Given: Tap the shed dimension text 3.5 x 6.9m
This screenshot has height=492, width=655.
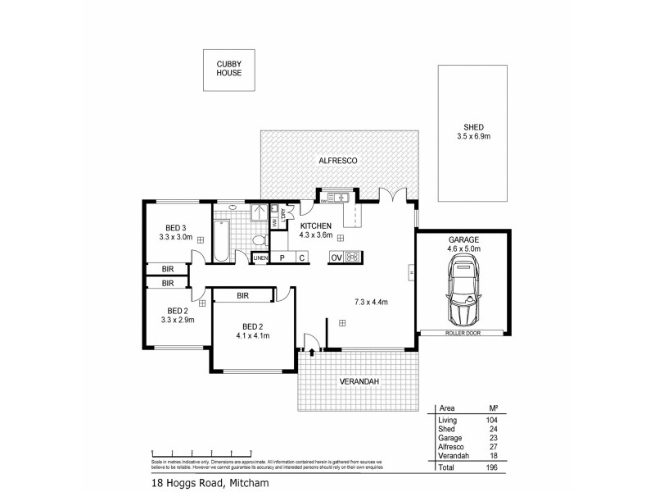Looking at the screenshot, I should pos(474,136).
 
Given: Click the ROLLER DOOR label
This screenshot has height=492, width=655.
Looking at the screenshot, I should pos(463,333).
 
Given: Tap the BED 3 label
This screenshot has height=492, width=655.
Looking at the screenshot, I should pos(176,227).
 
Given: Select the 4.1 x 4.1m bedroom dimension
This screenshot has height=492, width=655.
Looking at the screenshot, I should pos(253,335).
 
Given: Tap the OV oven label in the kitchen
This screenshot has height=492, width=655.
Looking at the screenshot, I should pos(335,258).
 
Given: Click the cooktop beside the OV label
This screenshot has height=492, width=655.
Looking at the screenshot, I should pos(355,257).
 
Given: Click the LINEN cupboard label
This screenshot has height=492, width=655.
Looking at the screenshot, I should pos(260,258).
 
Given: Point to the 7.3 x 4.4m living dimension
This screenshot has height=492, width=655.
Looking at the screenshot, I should pos(370,303).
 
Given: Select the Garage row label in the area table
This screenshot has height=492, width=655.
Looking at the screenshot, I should pos(450,438).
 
